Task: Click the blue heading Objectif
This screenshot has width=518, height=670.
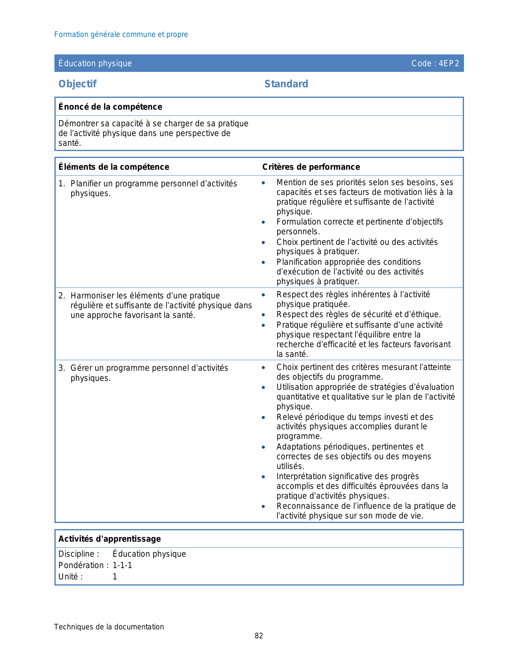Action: pyautogui.click(x=77, y=84)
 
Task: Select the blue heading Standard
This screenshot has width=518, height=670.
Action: pyautogui.click(x=286, y=84)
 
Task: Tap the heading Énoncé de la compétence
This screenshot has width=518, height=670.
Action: pyautogui.click(x=110, y=107)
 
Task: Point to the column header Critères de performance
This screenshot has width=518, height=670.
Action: pyautogui.click(x=311, y=167)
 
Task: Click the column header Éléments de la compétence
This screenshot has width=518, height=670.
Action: pyautogui.click(x=114, y=167)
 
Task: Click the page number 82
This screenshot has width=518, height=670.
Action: pyautogui.click(x=259, y=636)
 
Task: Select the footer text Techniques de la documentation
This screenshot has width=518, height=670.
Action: pyautogui.click(x=109, y=627)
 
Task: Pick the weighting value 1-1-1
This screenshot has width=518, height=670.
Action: pyautogui.click(x=122, y=565)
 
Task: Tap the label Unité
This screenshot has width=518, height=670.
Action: pyautogui.click(x=70, y=577)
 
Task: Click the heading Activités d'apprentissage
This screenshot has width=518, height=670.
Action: pyautogui.click(x=110, y=539)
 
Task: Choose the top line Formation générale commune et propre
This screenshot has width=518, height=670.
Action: pyautogui.click(x=121, y=35)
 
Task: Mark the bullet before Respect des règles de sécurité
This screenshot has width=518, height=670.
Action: pyautogui.click(x=263, y=315)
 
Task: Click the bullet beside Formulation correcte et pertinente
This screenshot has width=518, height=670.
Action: pyautogui.click(x=263, y=222)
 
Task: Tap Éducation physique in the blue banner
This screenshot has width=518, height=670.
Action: pyautogui.click(x=95, y=63)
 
